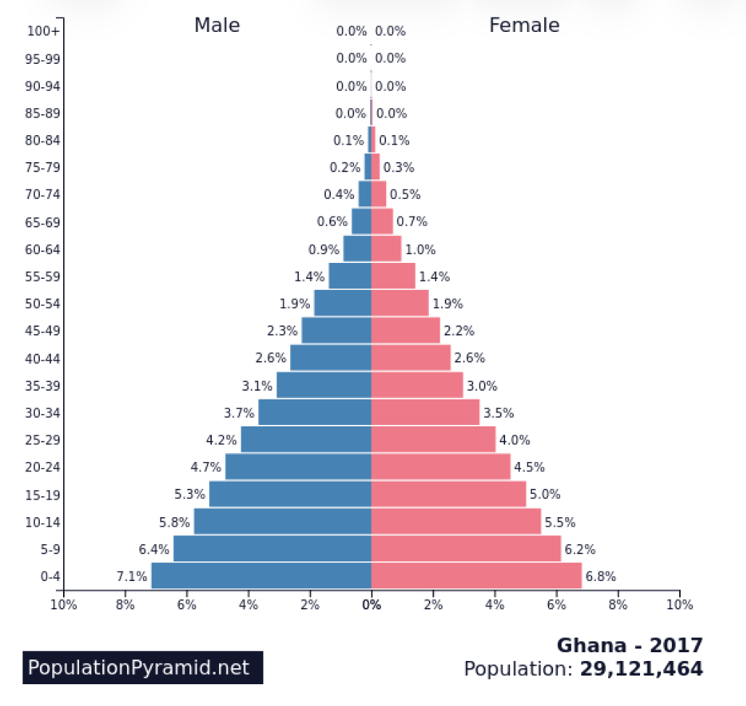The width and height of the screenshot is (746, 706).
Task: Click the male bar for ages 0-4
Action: [x=261, y=576]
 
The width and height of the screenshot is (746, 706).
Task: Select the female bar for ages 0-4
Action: [x=476, y=576]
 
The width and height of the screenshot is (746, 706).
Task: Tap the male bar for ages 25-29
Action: [x=306, y=439]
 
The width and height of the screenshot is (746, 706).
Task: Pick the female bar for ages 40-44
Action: [x=411, y=358]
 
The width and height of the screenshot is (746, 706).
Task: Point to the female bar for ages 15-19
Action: [x=448, y=495]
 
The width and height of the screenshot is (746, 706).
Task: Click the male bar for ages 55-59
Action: [x=350, y=276]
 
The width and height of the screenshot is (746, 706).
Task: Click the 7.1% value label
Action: [x=131, y=577]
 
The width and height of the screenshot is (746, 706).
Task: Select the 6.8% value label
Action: [x=600, y=577]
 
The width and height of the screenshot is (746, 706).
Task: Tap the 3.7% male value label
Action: [x=239, y=413]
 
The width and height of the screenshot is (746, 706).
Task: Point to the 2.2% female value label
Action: [x=459, y=331]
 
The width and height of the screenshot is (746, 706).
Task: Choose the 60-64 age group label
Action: [x=43, y=249]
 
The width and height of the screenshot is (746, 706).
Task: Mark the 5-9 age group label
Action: [x=50, y=550]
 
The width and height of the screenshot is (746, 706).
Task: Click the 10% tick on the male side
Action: [x=64, y=604]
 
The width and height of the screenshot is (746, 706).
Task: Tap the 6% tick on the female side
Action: [x=557, y=604]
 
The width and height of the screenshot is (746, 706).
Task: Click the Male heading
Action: [x=217, y=25]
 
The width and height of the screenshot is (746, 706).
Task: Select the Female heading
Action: [x=524, y=25]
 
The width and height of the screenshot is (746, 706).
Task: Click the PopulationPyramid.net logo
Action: [x=142, y=668]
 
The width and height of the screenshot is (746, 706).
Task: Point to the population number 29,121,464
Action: [x=641, y=669]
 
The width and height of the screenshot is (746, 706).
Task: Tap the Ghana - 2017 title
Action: [x=629, y=645]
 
